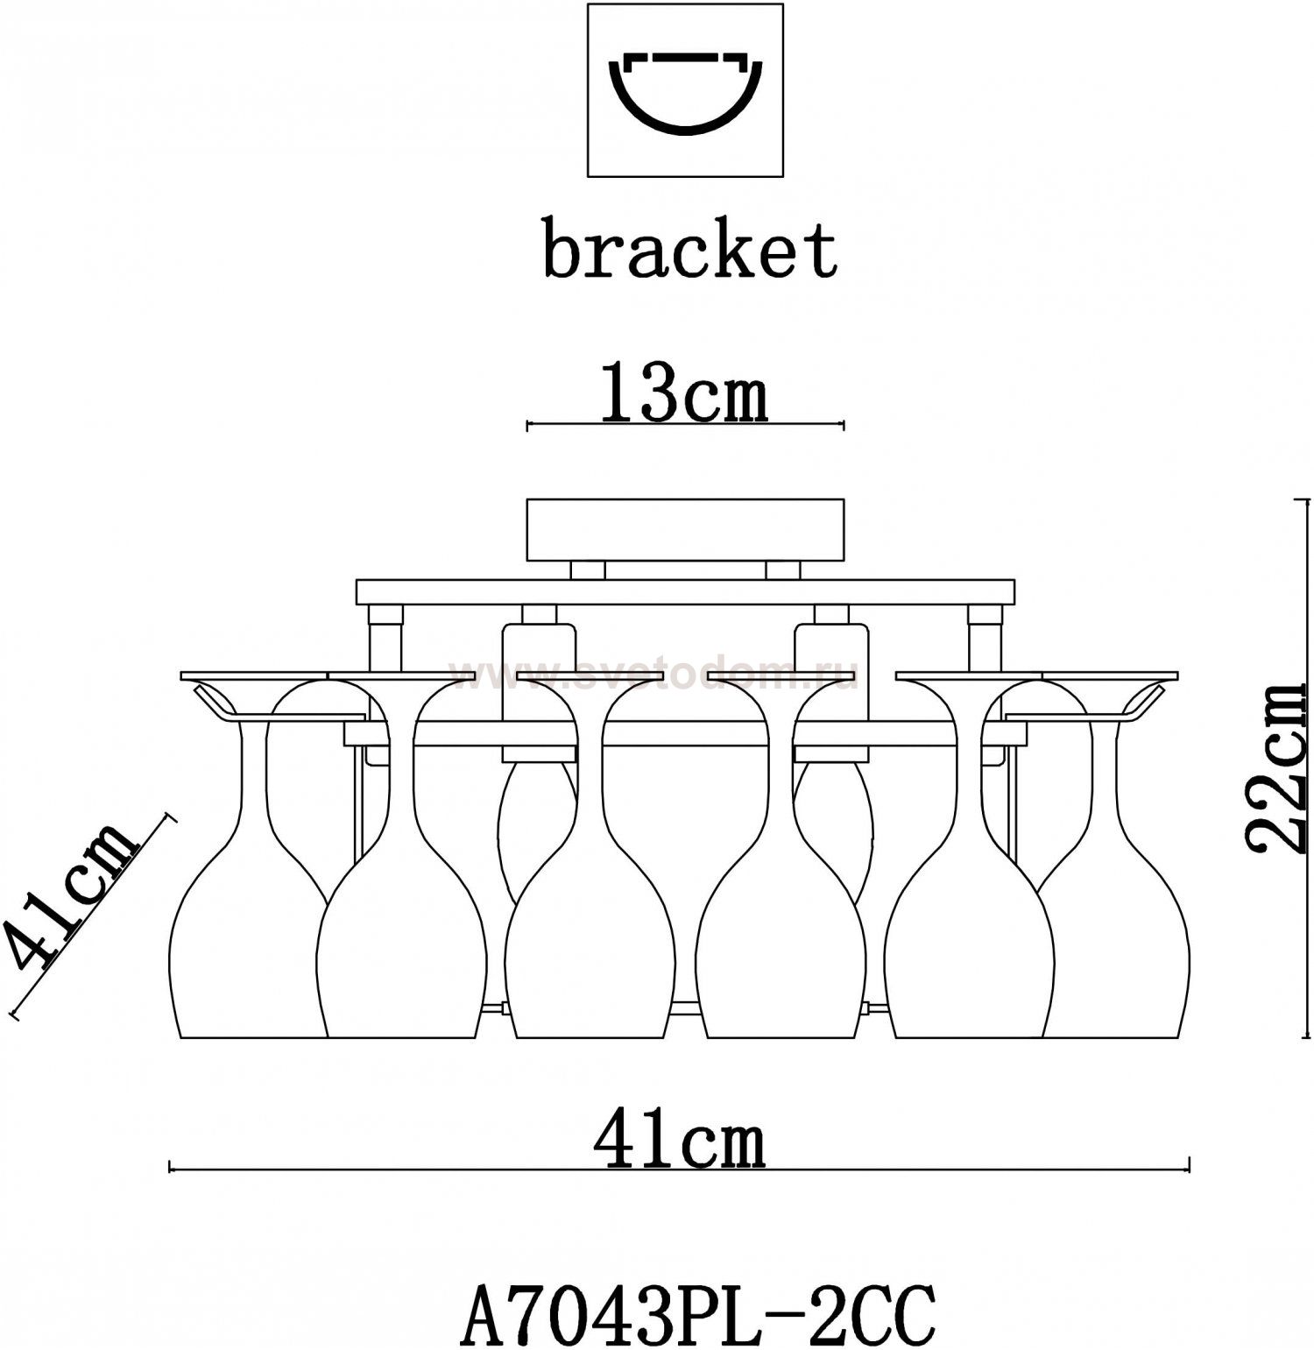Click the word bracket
689,251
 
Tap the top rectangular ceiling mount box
684,529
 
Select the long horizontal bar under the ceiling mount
684,591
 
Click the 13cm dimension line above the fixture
684,427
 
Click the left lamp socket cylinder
539,692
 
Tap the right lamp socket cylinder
831,692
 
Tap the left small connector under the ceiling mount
587,570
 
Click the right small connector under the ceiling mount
782,570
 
